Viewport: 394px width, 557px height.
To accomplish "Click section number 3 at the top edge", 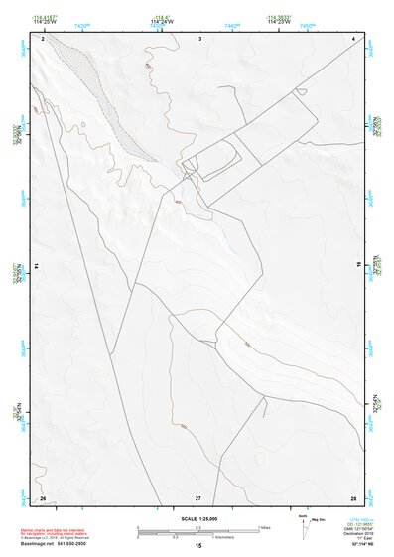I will [x=200, y=38].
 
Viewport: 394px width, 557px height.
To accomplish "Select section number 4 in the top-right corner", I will [x=353, y=38].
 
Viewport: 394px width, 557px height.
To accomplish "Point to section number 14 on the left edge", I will [x=36, y=267].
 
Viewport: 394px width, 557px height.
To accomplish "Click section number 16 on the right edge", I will [x=358, y=267].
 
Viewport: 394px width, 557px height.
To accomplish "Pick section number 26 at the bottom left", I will [x=43, y=497].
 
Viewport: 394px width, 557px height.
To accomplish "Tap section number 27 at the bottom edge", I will [x=198, y=497].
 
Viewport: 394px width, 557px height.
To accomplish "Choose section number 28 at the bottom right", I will [x=352, y=497].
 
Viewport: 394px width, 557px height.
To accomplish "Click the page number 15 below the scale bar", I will [x=198, y=547].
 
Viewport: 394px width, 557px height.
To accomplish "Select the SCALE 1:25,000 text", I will [x=197, y=519].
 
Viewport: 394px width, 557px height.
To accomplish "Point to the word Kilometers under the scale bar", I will [x=233, y=537].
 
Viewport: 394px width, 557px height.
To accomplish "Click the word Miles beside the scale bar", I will [x=265, y=527].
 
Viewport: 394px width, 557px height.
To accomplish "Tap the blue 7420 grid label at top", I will [x=80, y=25].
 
